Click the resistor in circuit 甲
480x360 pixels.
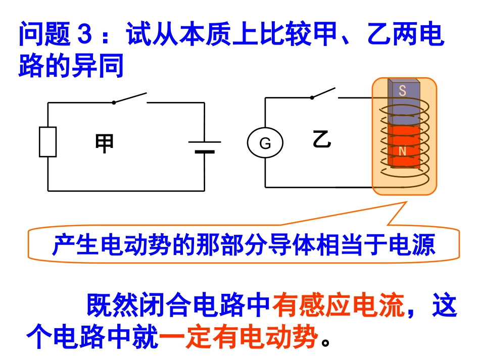click(48, 142)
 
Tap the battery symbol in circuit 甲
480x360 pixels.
click(205, 146)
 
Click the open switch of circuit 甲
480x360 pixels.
click(130, 98)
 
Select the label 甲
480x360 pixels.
click(105, 143)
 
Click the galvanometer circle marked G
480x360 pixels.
click(265, 143)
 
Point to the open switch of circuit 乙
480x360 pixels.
click(323, 93)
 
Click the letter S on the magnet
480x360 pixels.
click(402, 91)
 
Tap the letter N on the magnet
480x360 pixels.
click(402, 151)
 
